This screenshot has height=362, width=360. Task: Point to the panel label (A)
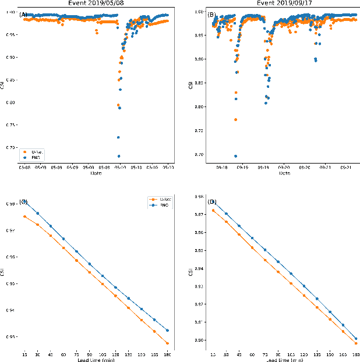point(23,15)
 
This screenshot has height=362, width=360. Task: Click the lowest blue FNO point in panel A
point(119,156)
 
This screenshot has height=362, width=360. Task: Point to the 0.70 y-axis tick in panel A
point(13,147)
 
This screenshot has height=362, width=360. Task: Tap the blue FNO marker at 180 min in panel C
point(167,330)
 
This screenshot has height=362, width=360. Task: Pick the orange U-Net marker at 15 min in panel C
point(24,217)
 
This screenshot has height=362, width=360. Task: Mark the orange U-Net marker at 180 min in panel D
point(355,343)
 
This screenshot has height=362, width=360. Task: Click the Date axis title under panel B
point(285,173)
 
